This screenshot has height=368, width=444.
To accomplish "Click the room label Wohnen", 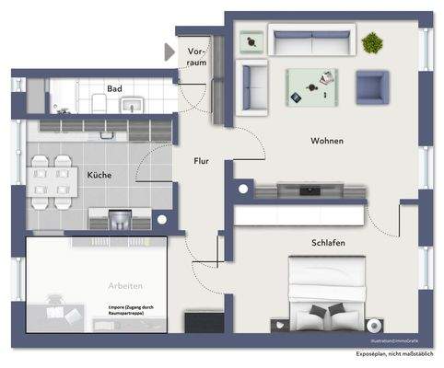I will [327, 141].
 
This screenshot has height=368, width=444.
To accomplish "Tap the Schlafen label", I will [327, 242].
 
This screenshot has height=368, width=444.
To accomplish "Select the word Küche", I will [100, 175].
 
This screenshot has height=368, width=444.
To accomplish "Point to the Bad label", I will [114, 89].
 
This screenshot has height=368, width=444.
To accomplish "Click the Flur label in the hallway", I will [201, 161].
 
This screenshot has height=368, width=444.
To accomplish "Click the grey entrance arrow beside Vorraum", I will [169, 52].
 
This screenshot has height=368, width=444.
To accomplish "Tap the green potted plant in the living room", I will [371, 41].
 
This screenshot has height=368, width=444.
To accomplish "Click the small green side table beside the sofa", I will [251, 40].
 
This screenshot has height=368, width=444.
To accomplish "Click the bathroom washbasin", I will [133, 103].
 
